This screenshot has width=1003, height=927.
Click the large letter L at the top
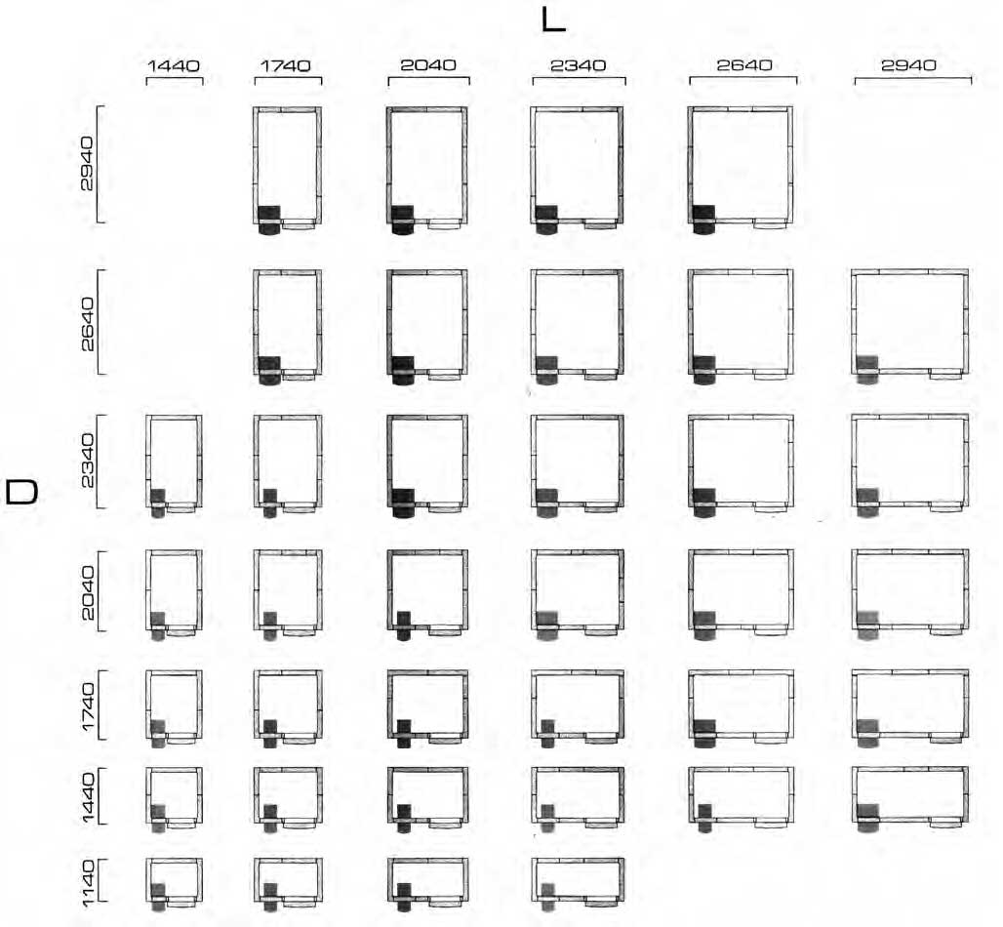[x=553, y=20]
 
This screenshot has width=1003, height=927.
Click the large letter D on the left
[x=21, y=493]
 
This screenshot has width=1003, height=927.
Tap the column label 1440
[x=174, y=65]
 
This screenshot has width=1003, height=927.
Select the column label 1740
[x=285, y=65]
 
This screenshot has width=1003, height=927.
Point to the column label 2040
[x=428, y=64]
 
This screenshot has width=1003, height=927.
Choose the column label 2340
[x=579, y=65]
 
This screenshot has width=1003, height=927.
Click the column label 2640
[x=743, y=64]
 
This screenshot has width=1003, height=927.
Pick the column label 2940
[x=908, y=64]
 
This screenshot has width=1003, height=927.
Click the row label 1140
[x=88, y=883]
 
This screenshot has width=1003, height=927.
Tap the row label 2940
[x=87, y=164]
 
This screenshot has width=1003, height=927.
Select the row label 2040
[x=88, y=592]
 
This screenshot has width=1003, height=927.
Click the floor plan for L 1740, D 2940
[x=287, y=170]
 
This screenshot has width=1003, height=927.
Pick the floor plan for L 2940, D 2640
[x=909, y=326]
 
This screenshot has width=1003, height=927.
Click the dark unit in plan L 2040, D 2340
[x=403, y=503]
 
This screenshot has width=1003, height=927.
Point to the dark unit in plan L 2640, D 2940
[x=703, y=220]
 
